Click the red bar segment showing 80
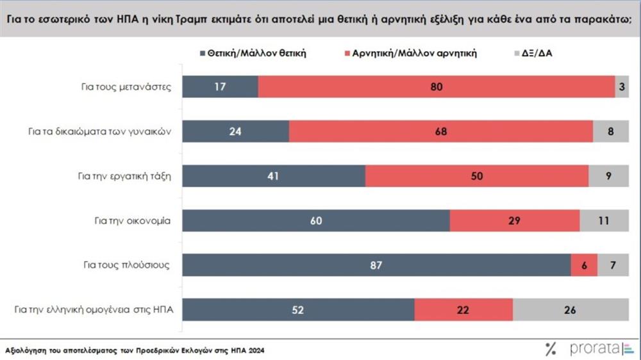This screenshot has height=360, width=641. click(437, 87)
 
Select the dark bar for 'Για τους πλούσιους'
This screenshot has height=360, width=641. click(376, 265)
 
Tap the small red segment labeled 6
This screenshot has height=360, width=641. click(583, 265)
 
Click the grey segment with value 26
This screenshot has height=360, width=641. click(570, 310)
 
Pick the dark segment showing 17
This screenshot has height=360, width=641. click(220, 87)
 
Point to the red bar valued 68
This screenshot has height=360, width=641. click(441, 132)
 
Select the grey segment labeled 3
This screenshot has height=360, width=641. click(622, 87)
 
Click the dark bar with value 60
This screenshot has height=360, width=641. click(316, 221)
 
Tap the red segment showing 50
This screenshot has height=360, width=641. click(476, 176)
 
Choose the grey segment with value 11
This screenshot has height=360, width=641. click(604, 221)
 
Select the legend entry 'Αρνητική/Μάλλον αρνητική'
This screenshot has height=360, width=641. click(414, 54)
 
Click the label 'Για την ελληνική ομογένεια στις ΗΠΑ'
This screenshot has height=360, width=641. click(96, 310)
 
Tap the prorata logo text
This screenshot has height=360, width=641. click(593, 349)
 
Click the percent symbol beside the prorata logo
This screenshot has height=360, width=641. click(551, 349)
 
